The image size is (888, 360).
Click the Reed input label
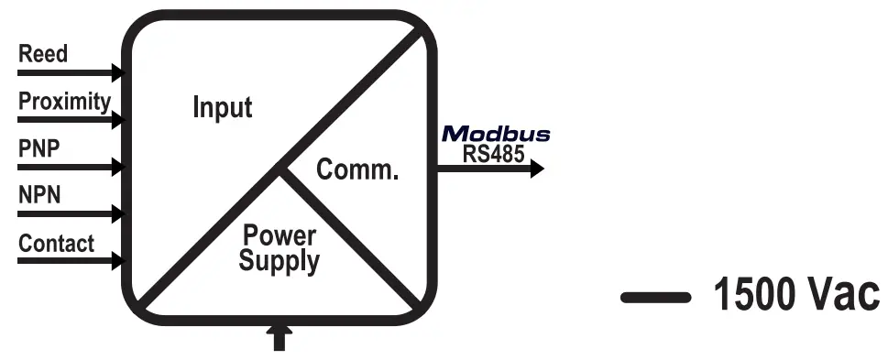43,54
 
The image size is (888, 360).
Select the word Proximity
65,102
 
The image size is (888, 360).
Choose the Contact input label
57,244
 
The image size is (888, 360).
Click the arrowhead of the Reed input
116,71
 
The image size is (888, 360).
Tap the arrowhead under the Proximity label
116,119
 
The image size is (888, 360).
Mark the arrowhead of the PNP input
116,167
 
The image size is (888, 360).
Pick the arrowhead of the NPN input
116,214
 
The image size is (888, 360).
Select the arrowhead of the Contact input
116,262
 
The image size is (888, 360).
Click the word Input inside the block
222,107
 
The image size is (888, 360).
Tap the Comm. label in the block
356,169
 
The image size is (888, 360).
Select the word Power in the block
280,234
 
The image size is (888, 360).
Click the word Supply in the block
280,261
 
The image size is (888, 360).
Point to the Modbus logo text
496,135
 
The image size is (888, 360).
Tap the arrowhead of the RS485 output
536,169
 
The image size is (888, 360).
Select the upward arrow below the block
279,335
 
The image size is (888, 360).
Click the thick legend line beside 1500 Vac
655,297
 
